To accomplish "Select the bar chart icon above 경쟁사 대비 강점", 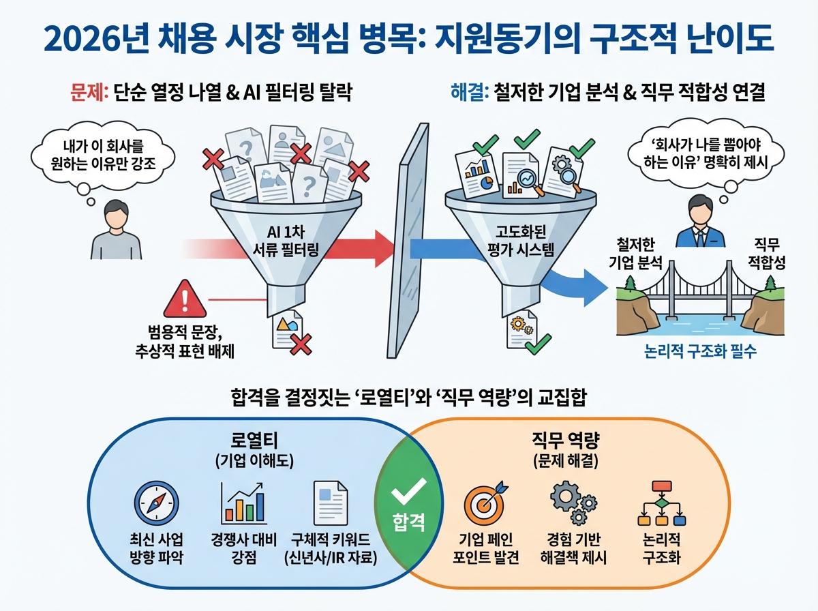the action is (243, 502).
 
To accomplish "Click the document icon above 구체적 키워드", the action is (330, 502).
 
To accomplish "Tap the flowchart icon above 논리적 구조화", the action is (661, 503).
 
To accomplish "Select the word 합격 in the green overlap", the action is (409, 523).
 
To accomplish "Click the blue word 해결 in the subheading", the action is (468, 92).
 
